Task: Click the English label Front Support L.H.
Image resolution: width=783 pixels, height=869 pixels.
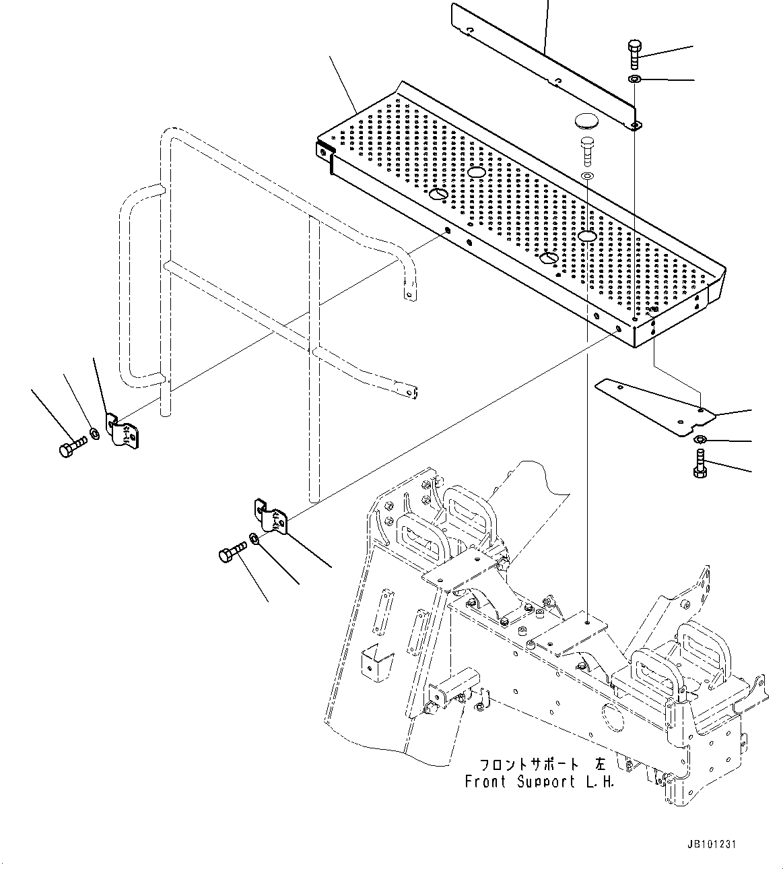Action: click(539, 782)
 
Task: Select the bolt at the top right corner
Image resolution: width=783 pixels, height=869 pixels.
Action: click(634, 53)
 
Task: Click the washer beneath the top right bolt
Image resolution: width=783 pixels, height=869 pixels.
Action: click(634, 79)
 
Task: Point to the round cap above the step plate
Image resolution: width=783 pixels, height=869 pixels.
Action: click(585, 123)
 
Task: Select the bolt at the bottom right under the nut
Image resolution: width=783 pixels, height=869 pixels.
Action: click(699, 465)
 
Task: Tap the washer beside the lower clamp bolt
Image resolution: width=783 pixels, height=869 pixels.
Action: click(254, 539)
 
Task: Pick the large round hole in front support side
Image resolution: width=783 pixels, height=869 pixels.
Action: click(614, 715)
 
